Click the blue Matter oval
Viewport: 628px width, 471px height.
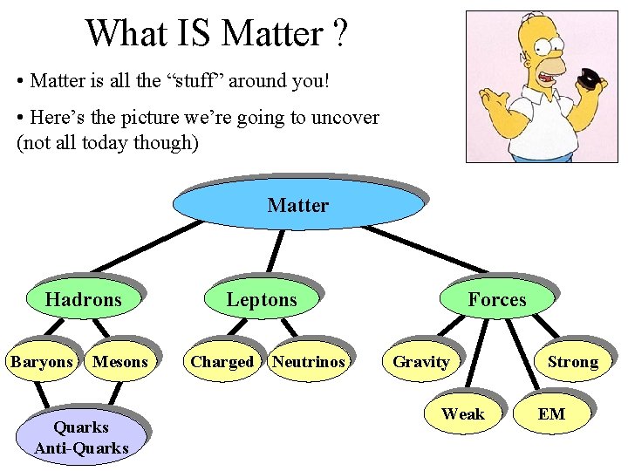point(297,206)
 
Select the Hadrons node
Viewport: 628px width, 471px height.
point(83,300)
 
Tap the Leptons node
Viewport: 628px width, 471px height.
point(262,300)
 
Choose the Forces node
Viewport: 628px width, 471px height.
point(496,300)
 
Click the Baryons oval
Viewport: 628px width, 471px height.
point(41,362)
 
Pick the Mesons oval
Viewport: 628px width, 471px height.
point(120,362)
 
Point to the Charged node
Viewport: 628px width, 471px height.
point(222,362)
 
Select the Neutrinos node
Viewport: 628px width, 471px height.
point(308,362)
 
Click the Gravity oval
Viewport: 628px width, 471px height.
point(421,362)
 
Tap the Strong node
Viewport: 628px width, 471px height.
point(572,362)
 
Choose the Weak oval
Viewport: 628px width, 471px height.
point(462,413)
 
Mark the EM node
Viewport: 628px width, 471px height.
point(551,413)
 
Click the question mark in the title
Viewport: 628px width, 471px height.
point(339,34)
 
